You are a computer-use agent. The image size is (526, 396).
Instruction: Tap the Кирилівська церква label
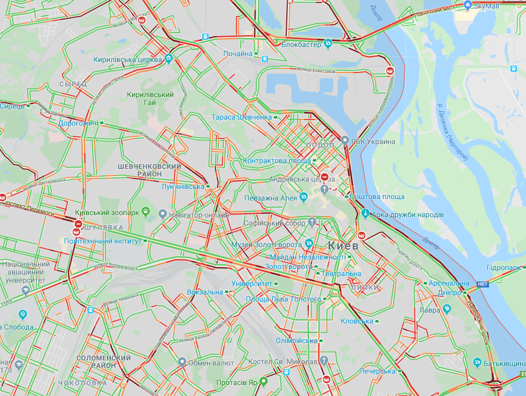[x=128, y=59]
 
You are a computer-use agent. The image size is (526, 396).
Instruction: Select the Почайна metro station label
[x=238, y=53]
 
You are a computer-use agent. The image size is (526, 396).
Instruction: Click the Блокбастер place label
[x=301, y=44]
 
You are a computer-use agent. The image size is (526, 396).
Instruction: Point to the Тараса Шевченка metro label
[x=241, y=117]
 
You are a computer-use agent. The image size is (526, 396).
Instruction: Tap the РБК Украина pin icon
[x=345, y=141]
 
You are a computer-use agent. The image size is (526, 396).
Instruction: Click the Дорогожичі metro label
[x=78, y=122]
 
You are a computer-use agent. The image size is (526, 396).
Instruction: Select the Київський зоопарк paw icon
[x=146, y=212]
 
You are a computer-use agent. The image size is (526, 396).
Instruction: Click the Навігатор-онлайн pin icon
[x=162, y=214]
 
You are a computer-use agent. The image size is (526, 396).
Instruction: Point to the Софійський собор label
[x=274, y=223]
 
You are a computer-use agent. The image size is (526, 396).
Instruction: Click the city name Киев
[x=344, y=245]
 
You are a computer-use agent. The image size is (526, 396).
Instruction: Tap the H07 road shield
[x=482, y=284]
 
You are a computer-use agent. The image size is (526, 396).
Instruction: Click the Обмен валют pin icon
[x=182, y=362]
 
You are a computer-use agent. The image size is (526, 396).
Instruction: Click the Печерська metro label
[x=378, y=371]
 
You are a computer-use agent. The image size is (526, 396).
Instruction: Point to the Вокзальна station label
[x=205, y=292]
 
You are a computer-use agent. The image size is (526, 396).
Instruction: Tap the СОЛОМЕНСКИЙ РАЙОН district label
[x=104, y=362]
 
